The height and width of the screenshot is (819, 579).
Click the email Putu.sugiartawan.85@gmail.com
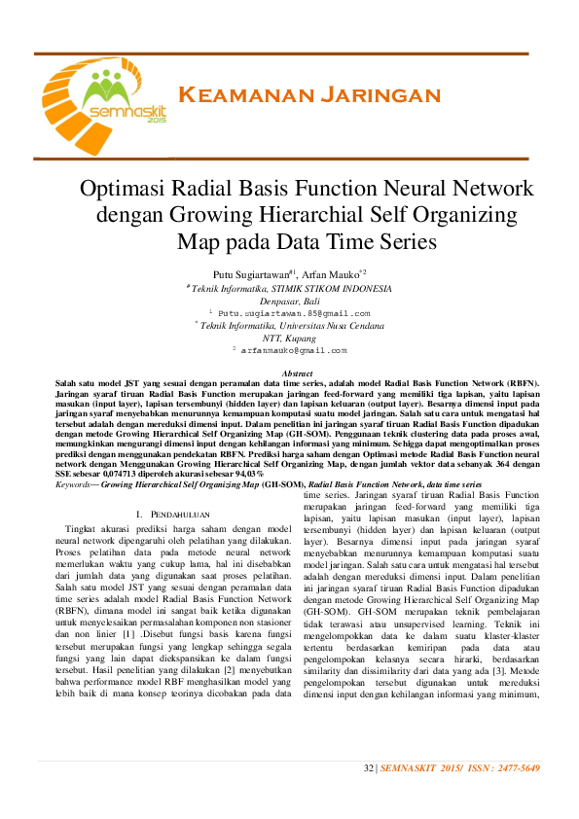tap(294, 314)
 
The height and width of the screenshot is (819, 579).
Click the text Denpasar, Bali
tap(289, 302)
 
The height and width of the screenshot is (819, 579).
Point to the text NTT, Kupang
tap(289, 338)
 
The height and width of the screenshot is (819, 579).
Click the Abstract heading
tap(296, 374)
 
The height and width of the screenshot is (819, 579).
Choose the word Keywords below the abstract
tap(76, 483)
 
